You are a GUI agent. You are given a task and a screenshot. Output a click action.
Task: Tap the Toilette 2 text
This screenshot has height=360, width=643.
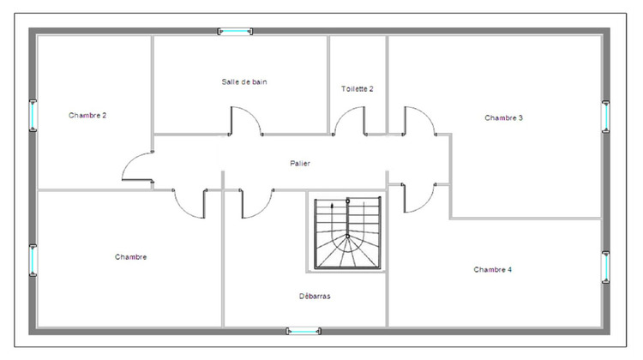[x=358, y=88]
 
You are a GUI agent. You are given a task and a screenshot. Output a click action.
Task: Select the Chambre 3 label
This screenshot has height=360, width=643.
[x=504, y=118]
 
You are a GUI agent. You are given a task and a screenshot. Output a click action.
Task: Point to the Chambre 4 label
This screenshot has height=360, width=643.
[x=493, y=269]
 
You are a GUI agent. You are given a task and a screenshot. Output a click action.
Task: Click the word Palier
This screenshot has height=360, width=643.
[x=300, y=163]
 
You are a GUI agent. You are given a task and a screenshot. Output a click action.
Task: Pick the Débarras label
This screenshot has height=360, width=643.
[x=315, y=297]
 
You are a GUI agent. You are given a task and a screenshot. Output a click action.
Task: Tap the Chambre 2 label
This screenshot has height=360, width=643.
[x=87, y=115]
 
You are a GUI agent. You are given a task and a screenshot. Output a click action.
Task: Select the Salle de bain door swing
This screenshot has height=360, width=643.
[x=245, y=122]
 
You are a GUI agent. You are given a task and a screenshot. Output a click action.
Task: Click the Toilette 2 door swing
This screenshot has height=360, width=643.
[x=350, y=122]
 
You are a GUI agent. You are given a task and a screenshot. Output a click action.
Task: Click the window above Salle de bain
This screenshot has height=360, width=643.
[x=235, y=32]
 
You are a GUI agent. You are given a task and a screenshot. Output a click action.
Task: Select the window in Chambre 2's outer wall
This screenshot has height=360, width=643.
[x=33, y=114]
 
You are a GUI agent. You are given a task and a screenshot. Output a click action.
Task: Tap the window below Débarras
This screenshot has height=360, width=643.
[x=303, y=331]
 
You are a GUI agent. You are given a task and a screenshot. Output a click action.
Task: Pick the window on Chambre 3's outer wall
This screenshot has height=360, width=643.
[x=606, y=116]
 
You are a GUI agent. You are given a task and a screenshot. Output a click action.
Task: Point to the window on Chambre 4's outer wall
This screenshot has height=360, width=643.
[x=606, y=267]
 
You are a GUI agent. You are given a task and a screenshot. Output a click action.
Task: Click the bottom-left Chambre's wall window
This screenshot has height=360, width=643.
[x=33, y=260]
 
